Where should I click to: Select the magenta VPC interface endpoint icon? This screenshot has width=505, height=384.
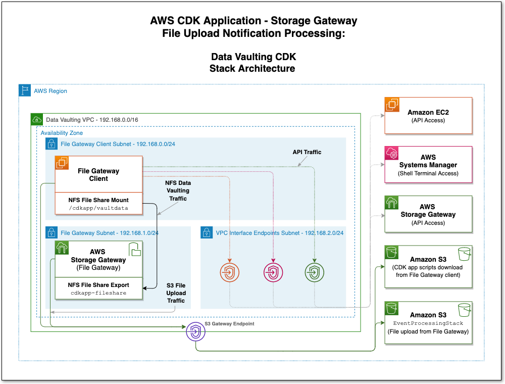tap(272, 273)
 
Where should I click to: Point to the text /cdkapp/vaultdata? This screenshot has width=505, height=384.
tap(98, 208)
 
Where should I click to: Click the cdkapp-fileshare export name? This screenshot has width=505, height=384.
tap(98, 293)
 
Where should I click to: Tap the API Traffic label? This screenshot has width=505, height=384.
tap(307, 152)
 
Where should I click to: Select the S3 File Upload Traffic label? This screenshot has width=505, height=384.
tap(176, 293)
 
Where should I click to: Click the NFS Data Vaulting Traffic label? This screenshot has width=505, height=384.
tap(178, 190)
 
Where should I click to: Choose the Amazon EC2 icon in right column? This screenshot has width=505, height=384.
tap(392, 105)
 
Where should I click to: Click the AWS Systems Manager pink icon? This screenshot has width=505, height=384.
tap(392, 154)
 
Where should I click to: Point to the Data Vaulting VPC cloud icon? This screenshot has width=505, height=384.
tap(37, 120)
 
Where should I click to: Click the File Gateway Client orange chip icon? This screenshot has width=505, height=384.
tap(62, 163)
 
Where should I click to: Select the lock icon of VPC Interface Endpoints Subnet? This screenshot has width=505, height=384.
tap(207, 232)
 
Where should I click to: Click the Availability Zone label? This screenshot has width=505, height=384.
tap(62, 132)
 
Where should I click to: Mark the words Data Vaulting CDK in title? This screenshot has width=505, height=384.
tap(253, 57)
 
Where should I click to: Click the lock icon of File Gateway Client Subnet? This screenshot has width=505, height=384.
tap(52, 144)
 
